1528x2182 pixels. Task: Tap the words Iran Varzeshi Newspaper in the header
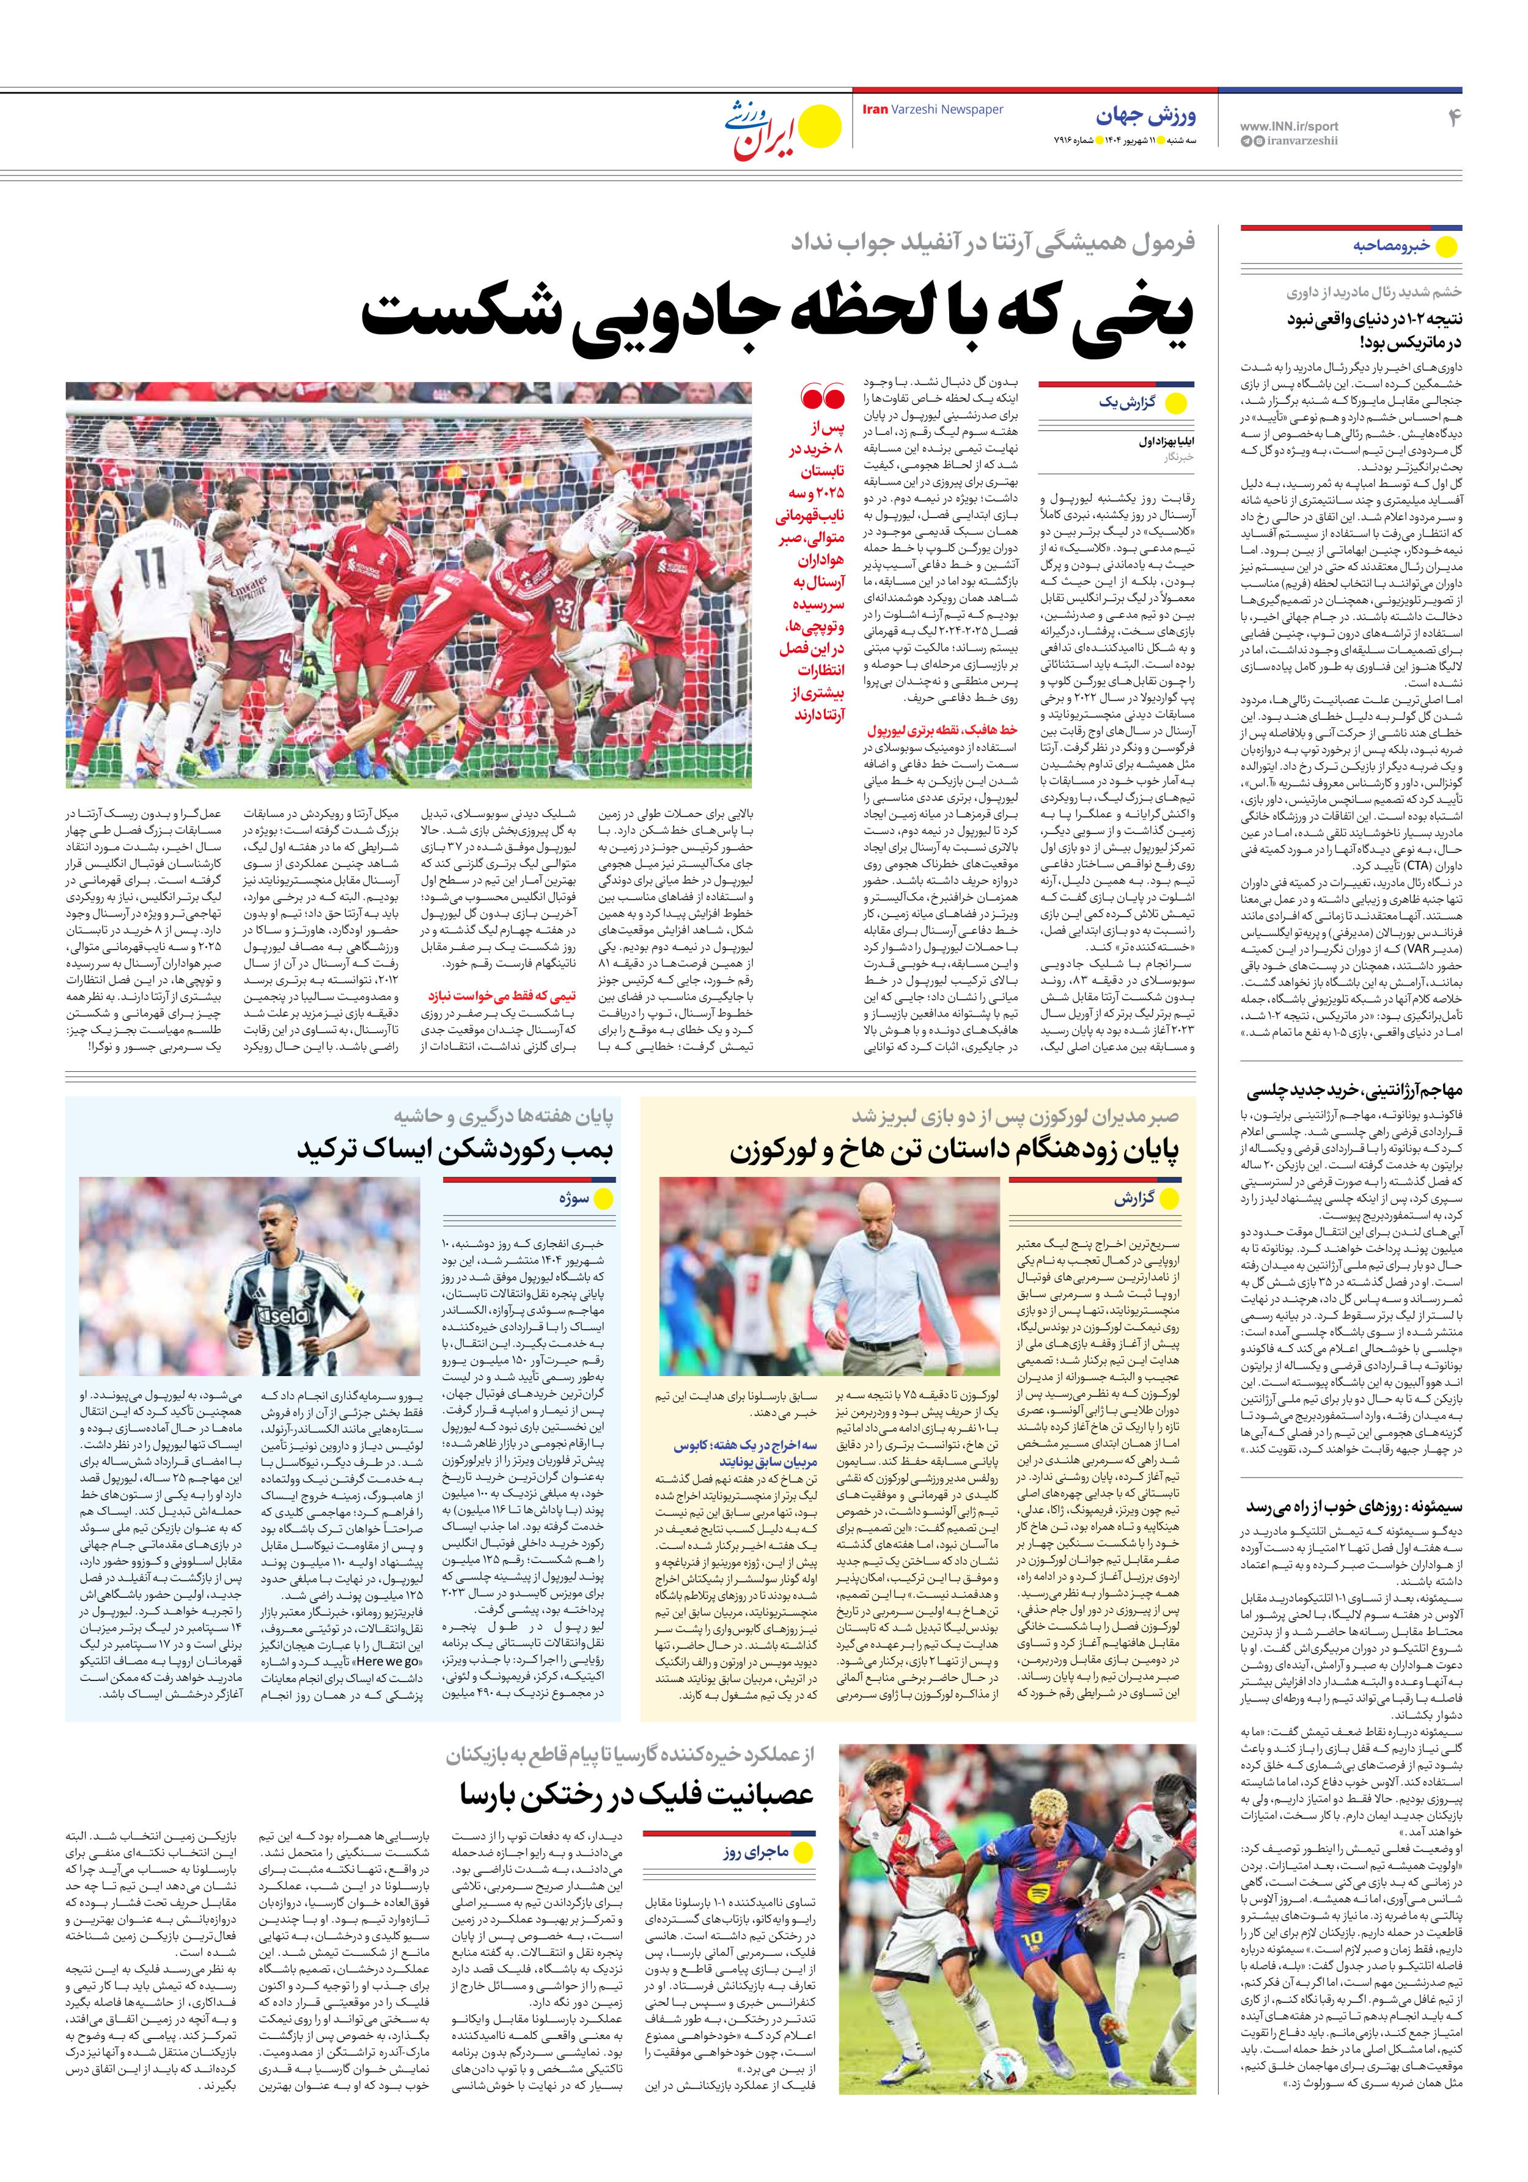(x=932, y=109)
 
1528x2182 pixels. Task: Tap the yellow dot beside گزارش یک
(x=1176, y=403)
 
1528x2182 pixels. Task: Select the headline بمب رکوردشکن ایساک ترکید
(x=455, y=1149)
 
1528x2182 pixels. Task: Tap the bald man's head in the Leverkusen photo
(x=871, y=1215)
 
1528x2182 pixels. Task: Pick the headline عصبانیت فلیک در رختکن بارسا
(x=636, y=1794)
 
